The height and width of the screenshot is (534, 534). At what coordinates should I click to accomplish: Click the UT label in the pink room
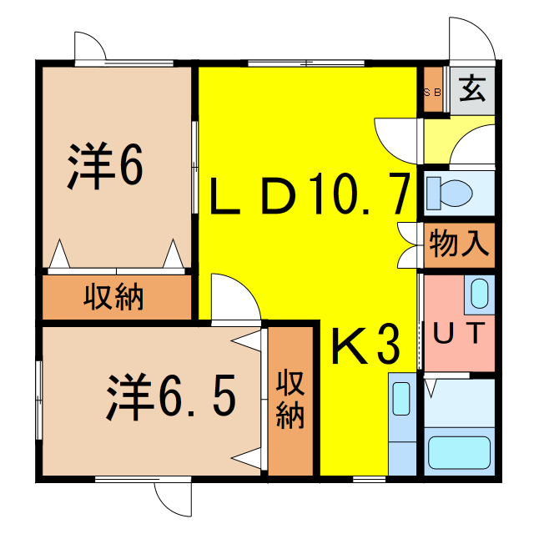point(457,334)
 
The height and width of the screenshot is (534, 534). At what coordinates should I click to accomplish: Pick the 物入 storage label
point(459,245)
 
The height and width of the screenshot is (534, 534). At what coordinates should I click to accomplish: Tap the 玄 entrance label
point(472,88)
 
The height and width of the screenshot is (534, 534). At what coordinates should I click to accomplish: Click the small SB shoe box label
point(433,92)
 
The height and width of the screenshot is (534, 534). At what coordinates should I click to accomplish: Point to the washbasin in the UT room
point(479,294)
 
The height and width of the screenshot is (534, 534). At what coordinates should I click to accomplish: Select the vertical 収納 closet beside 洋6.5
point(290,400)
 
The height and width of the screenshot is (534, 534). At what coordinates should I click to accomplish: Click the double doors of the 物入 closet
point(409,245)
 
